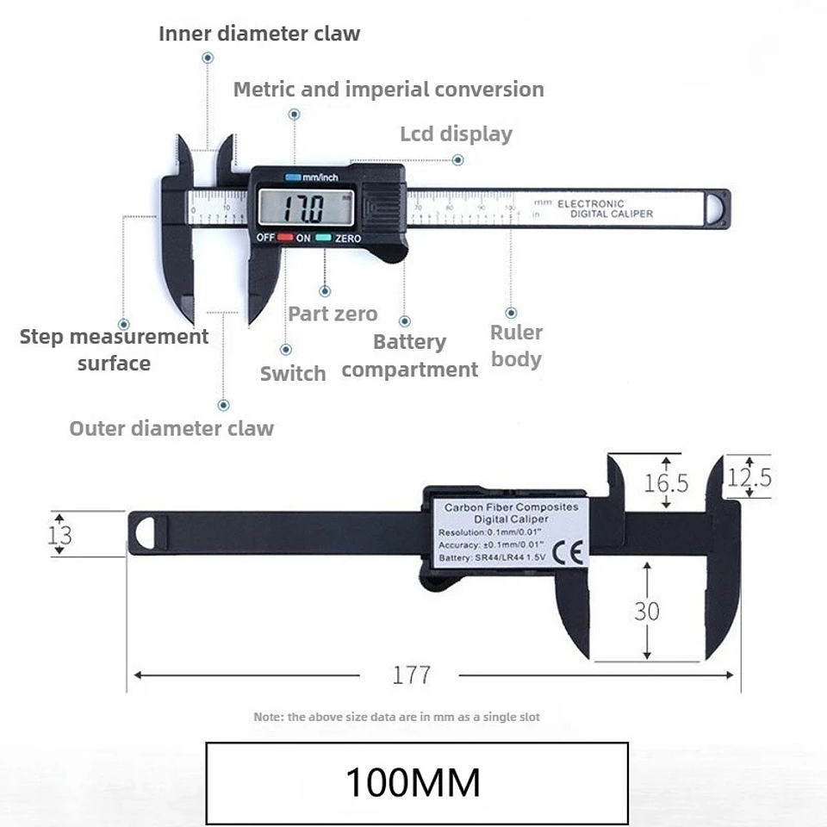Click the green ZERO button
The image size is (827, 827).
tap(324, 238)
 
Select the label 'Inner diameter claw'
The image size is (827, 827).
tap(258, 34)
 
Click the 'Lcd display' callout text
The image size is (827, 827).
tap(456, 134)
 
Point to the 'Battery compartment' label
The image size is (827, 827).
tap(409, 356)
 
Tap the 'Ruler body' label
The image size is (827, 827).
tap(516, 345)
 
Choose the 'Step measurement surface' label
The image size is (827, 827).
tap(114, 349)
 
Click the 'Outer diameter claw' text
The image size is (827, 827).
tap(171, 428)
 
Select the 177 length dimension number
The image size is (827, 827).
tap(411, 675)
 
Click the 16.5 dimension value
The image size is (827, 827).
tap(666, 482)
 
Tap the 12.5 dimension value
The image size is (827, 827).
tap(749, 476)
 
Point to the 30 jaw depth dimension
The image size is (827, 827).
tap(646, 611)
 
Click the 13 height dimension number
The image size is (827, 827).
tap(59, 535)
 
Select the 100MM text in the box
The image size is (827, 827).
tap(413, 782)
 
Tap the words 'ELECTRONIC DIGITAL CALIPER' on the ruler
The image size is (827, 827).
tap(605, 208)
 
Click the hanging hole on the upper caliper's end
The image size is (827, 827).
tap(717, 208)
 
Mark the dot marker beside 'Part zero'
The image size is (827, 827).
tap(325, 292)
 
